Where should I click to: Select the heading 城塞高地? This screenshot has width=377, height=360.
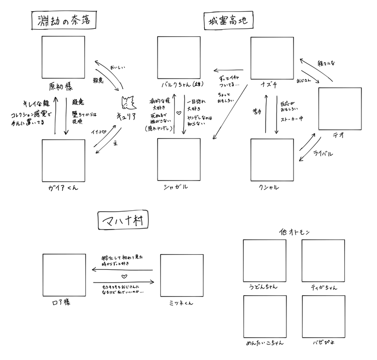pyautogui.click(x=229, y=21)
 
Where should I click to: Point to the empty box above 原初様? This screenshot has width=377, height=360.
pyautogui.click(x=63, y=59)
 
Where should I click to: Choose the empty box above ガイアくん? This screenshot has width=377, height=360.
pyautogui.click(x=63, y=161)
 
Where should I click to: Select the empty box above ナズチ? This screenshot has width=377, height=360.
pyautogui.click(x=272, y=59)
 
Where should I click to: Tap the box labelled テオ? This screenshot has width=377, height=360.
pyautogui.click(x=340, y=109)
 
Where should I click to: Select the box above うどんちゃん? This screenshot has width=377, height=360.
pyautogui.click(x=264, y=261)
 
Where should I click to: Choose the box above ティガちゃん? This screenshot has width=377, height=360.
pyautogui.click(x=323, y=261)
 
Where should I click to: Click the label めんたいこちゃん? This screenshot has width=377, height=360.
pyautogui.click(x=264, y=343)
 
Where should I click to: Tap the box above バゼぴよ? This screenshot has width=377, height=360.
pyautogui.click(x=323, y=317)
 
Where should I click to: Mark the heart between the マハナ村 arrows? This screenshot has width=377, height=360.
pyautogui.click(x=124, y=276)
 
